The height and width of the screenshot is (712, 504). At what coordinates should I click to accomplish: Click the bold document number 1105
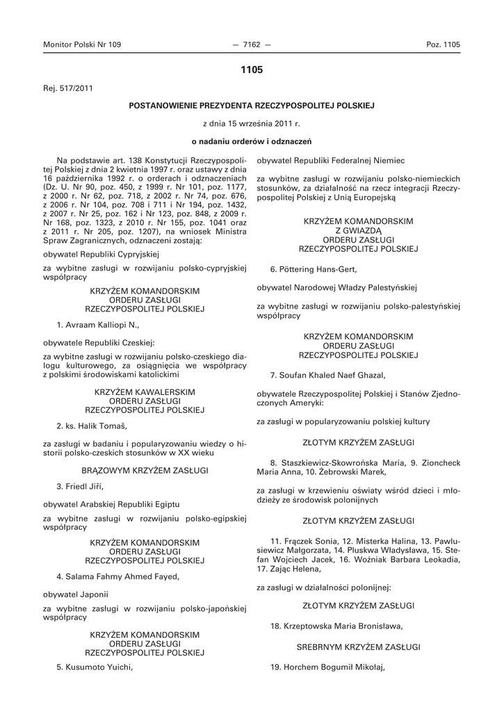pyautogui.click(x=252, y=70)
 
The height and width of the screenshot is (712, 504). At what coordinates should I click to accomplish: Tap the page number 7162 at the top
pyautogui.click(x=252, y=44)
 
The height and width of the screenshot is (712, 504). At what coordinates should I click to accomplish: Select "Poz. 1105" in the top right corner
pyautogui.click(x=443, y=44)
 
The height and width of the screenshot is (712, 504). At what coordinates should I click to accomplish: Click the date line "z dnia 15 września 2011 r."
pyautogui.click(x=252, y=124)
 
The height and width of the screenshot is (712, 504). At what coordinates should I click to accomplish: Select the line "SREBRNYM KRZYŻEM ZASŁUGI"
pyautogui.click(x=359, y=647)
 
